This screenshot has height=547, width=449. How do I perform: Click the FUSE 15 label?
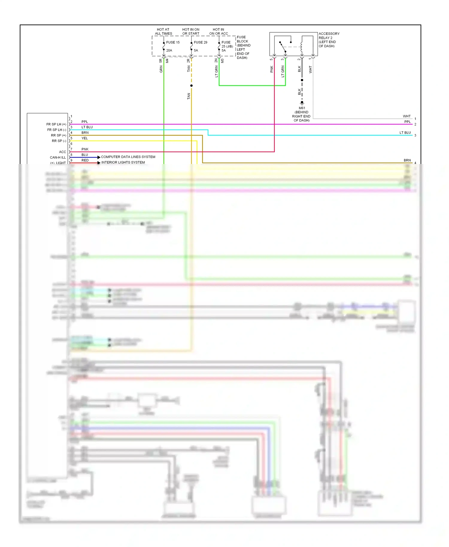(x=173, y=42)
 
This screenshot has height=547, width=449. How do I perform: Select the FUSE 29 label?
(x=200, y=42)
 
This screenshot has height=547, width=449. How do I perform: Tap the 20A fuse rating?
(x=169, y=50)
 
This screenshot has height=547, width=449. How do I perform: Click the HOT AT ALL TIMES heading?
(x=163, y=31)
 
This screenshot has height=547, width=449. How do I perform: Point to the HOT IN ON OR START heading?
(x=191, y=31)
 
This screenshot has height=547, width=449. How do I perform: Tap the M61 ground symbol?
(x=302, y=103)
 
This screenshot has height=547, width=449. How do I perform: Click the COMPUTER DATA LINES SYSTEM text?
(x=128, y=157)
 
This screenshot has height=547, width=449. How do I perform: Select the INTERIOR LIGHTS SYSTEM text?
(x=123, y=162)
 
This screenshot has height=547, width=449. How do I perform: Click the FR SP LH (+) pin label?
(x=56, y=124)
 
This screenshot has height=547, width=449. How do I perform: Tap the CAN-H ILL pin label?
(x=57, y=157)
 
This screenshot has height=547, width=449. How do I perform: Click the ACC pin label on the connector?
(x=62, y=152)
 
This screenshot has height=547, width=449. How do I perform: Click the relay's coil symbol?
(x=301, y=47)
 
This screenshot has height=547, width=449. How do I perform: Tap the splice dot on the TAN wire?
(x=191, y=86)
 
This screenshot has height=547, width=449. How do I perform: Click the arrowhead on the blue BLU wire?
(x=99, y=157)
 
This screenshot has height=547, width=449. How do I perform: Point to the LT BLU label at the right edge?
(x=405, y=133)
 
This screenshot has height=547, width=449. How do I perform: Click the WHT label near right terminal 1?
(x=406, y=116)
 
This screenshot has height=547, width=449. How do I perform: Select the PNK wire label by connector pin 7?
(x=85, y=149)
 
